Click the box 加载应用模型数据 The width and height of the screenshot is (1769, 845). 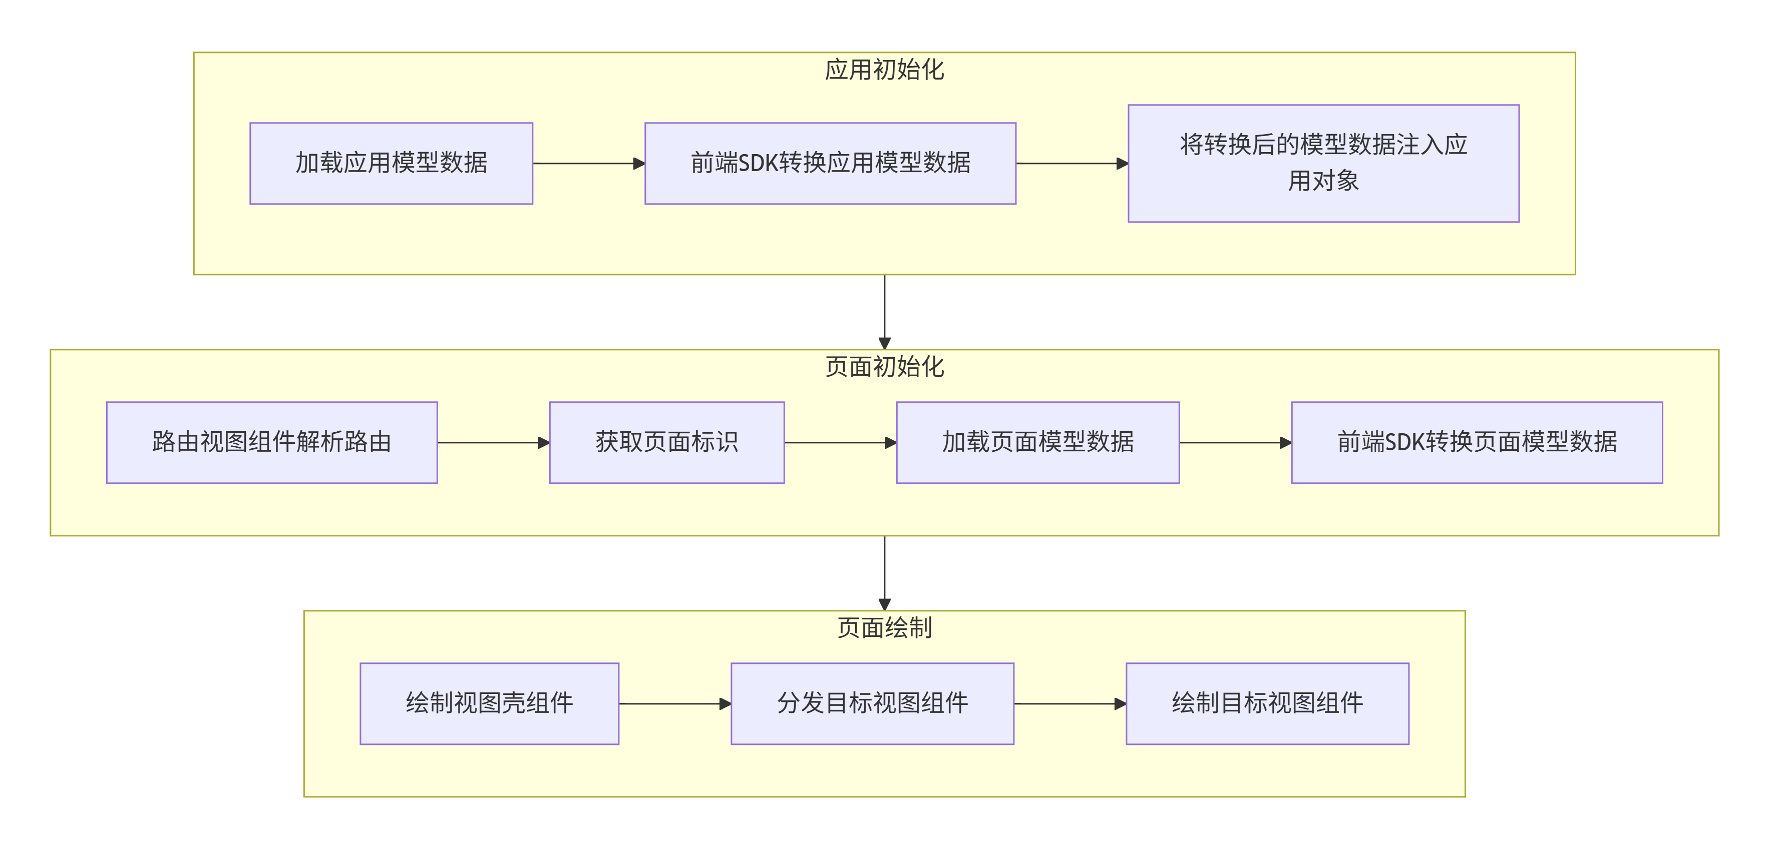391,164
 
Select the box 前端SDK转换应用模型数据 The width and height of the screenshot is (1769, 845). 830,164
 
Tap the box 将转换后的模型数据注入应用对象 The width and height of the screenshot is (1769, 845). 1323,164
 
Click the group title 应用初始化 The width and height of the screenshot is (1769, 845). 884,70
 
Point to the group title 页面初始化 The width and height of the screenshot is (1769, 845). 884,367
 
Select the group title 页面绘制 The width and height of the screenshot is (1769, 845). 884,628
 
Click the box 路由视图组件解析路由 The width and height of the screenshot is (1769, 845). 271,443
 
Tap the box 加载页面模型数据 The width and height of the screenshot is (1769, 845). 1037,443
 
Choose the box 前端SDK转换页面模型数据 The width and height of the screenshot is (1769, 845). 1477,443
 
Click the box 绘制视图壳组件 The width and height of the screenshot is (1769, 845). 489,703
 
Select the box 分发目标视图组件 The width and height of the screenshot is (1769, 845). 872,703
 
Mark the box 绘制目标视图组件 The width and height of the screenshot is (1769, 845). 1267,703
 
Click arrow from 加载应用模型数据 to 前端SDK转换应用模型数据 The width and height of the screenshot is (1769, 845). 588,164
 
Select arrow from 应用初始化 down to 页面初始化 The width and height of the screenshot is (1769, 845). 884,312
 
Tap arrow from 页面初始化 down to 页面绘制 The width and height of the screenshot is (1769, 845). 884,572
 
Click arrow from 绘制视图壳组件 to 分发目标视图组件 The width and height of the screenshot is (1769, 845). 674,703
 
